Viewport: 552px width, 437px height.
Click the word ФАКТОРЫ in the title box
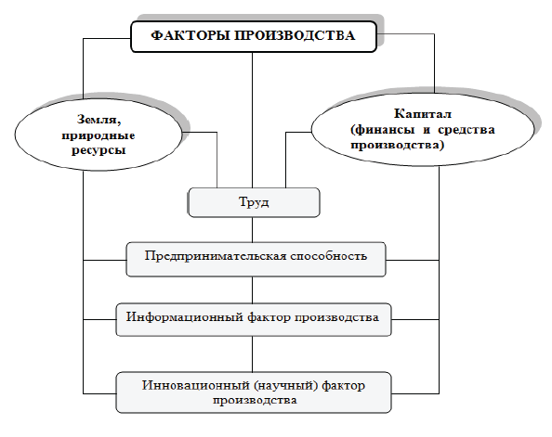coord(191,35)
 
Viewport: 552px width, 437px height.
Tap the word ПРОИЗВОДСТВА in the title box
coord(295,35)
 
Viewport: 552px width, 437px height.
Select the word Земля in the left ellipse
coord(99,120)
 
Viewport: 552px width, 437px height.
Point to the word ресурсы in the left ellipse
coord(99,150)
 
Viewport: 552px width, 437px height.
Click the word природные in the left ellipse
coord(99,135)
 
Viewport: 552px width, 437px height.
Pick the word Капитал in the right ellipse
coord(423,113)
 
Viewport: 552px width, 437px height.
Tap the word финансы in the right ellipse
coord(385,130)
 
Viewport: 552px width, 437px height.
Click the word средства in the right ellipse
coord(467,130)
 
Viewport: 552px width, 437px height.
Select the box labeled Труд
coord(255,202)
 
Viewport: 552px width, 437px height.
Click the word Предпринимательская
coord(216,256)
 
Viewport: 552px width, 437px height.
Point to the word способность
coord(329,256)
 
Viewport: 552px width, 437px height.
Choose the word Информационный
coord(185,317)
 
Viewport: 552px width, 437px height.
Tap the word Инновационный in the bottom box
coord(196,386)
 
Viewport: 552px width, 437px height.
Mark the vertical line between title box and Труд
coord(253,121)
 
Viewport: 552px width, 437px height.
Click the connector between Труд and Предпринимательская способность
coord(253,229)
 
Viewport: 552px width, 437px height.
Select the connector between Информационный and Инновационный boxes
coord(253,354)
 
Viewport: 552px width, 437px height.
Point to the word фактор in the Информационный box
coord(269,317)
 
